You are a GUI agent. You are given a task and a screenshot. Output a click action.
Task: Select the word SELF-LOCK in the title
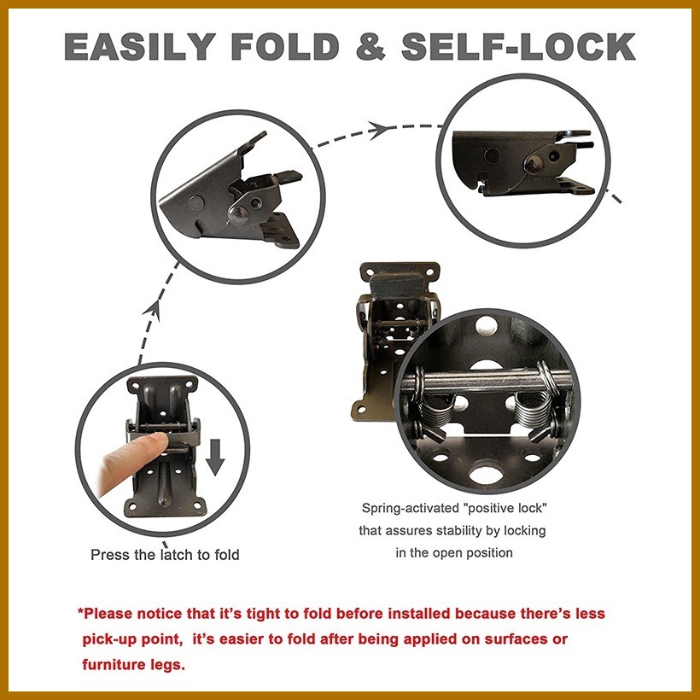518,46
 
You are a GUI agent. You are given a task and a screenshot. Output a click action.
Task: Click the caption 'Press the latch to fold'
165,555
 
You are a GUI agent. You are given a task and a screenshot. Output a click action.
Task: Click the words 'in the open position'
453,552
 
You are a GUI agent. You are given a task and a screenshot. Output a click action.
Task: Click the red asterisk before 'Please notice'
80,613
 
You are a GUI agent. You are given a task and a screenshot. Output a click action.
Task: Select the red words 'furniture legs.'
133,664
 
